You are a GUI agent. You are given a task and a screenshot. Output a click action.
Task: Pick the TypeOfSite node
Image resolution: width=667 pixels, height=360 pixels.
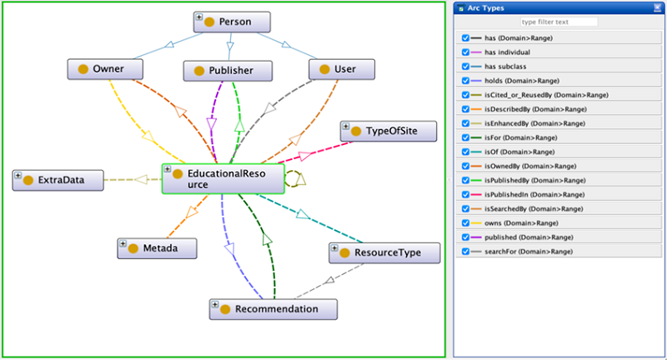389,132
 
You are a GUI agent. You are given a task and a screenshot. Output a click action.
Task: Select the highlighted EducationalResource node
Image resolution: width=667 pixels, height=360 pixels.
223,178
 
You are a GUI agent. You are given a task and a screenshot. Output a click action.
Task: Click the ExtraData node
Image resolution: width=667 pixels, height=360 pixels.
58,179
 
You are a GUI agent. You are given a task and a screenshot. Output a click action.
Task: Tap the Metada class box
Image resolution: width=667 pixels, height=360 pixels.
158,247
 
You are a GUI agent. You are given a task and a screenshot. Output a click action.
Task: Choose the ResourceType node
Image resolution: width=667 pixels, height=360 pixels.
384,252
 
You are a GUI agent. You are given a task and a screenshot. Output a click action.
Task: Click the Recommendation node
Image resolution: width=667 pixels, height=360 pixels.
273,309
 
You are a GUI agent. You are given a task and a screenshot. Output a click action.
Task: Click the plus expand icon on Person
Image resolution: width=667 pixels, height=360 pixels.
198,17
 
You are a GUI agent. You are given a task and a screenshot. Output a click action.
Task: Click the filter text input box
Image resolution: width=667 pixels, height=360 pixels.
559,22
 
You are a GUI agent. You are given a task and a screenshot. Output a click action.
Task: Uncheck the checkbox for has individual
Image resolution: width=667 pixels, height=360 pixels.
465,52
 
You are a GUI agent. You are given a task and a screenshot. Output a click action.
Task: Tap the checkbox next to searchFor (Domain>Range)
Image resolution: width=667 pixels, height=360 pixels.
465,251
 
